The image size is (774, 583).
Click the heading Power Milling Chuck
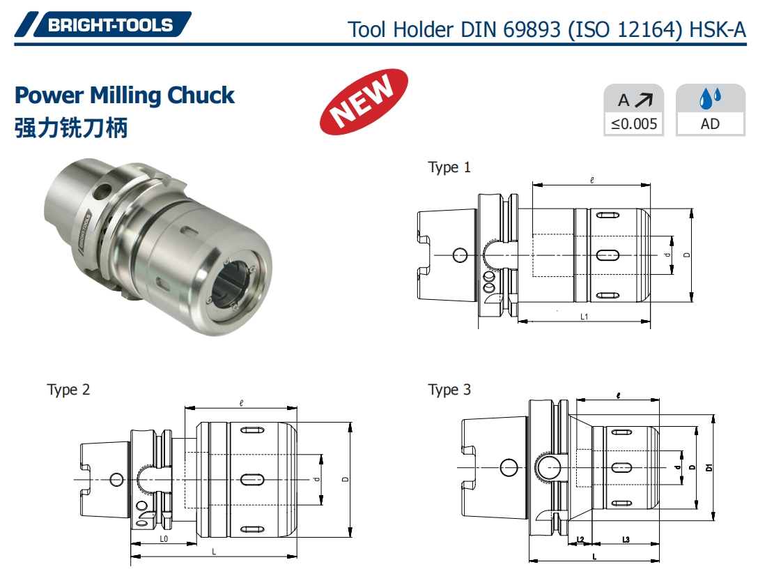pyautogui.click(x=125, y=95)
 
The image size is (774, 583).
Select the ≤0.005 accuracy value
pyautogui.click(x=633, y=125)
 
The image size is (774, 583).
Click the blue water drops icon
pyautogui.click(x=710, y=100)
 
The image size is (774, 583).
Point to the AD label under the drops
pyautogui.click(x=710, y=125)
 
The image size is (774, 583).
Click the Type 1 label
pyautogui.click(x=449, y=167)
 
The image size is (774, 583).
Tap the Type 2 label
pyautogui.click(x=68, y=389)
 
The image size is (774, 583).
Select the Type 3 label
pyautogui.click(x=449, y=389)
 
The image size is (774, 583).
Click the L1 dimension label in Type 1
pyautogui.click(x=585, y=317)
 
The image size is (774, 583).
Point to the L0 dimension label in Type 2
pyautogui.click(x=163, y=539)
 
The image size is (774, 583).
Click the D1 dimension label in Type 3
pyautogui.click(x=709, y=467)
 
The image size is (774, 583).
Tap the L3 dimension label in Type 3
pyautogui.click(x=625, y=540)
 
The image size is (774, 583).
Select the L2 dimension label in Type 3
pyautogui.click(x=580, y=540)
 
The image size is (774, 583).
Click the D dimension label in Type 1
pyautogui.click(x=688, y=255)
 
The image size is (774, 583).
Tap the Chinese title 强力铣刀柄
pyautogui.click(x=71, y=128)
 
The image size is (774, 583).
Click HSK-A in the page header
pyautogui.click(x=718, y=29)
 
